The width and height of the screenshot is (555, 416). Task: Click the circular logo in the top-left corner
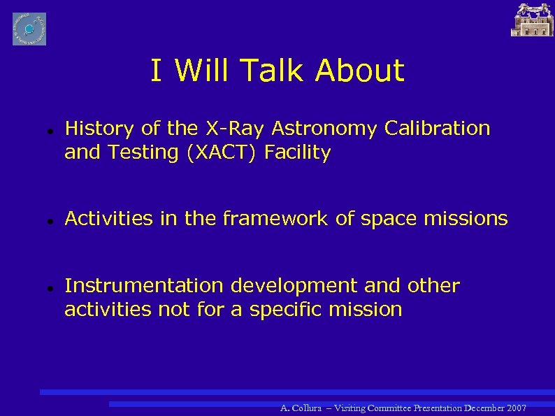[29, 29]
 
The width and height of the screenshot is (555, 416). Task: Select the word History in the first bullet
[99, 129]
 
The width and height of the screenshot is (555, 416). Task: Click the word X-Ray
[233, 129]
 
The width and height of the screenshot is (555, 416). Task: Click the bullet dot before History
[43, 131]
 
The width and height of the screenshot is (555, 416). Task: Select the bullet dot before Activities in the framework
[43, 220]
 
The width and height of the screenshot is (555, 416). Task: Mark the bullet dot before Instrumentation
[43, 287]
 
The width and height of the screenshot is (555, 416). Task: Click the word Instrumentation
[145, 286]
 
